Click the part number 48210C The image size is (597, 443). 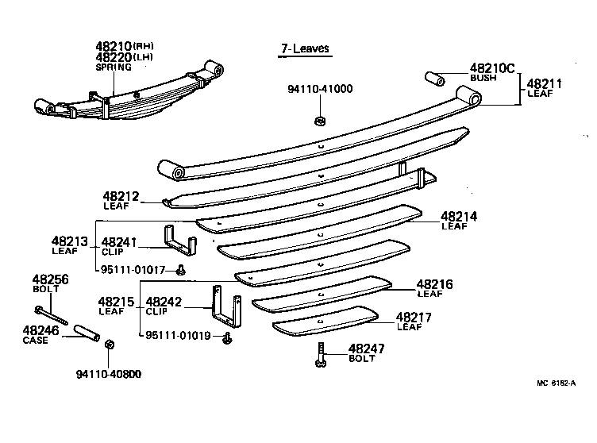pos(492,68)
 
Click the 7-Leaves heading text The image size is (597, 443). pos(305,49)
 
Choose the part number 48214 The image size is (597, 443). pos(459,216)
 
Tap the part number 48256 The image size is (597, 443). pos(50,279)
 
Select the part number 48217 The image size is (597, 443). pos(414,316)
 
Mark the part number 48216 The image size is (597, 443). pos(434,283)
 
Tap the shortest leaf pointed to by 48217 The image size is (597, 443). pos(325,319)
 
